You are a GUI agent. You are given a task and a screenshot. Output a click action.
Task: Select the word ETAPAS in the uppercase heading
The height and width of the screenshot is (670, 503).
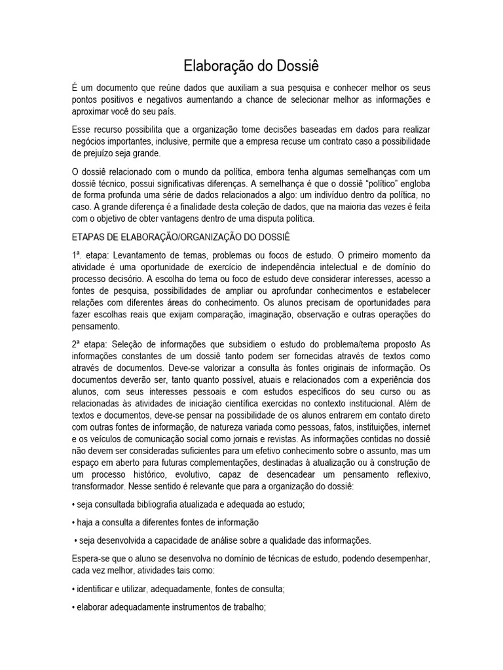tap(90, 236)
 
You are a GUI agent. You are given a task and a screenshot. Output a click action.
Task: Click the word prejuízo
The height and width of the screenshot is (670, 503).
tap(96, 154)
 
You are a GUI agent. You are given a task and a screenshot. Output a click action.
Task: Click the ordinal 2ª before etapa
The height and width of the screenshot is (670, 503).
tap(79, 344)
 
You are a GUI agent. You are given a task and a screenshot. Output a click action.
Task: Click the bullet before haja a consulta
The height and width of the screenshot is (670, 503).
tap(73, 522)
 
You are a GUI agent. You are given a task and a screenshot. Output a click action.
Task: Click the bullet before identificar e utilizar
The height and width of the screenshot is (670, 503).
tap(73, 589)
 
